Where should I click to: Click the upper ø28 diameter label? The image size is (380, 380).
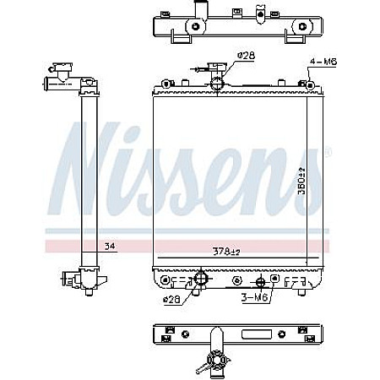246,55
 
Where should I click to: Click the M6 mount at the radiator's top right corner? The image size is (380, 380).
310,84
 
